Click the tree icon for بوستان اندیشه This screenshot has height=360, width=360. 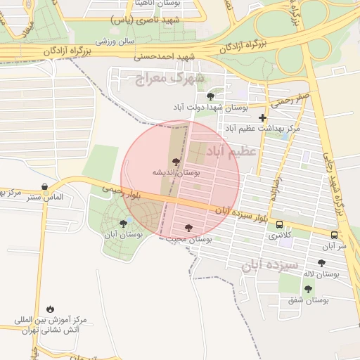click(176, 162)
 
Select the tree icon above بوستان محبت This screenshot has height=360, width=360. click(188, 228)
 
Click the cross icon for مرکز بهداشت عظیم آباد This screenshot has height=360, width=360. click(263, 118)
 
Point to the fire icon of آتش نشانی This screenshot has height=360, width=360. click(51, 309)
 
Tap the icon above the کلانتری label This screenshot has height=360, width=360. click(280, 226)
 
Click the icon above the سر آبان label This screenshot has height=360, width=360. click(334, 236)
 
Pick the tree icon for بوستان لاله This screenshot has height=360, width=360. click(321, 263)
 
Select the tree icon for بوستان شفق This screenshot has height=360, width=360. click(308, 289)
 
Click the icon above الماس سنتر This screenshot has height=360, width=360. click(46, 188)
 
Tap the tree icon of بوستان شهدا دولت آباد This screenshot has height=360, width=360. click(210, 96)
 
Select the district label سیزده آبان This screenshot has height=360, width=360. click(266, 264)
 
